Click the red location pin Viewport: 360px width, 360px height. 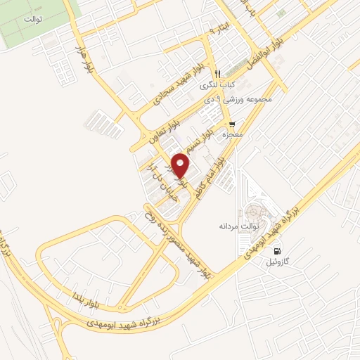point(181,165)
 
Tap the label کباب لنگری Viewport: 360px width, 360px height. point(218,85)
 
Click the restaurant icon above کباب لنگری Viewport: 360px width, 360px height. point(218,74)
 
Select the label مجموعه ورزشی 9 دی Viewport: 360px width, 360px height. point(241,100)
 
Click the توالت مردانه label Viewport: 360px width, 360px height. point(239,226)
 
